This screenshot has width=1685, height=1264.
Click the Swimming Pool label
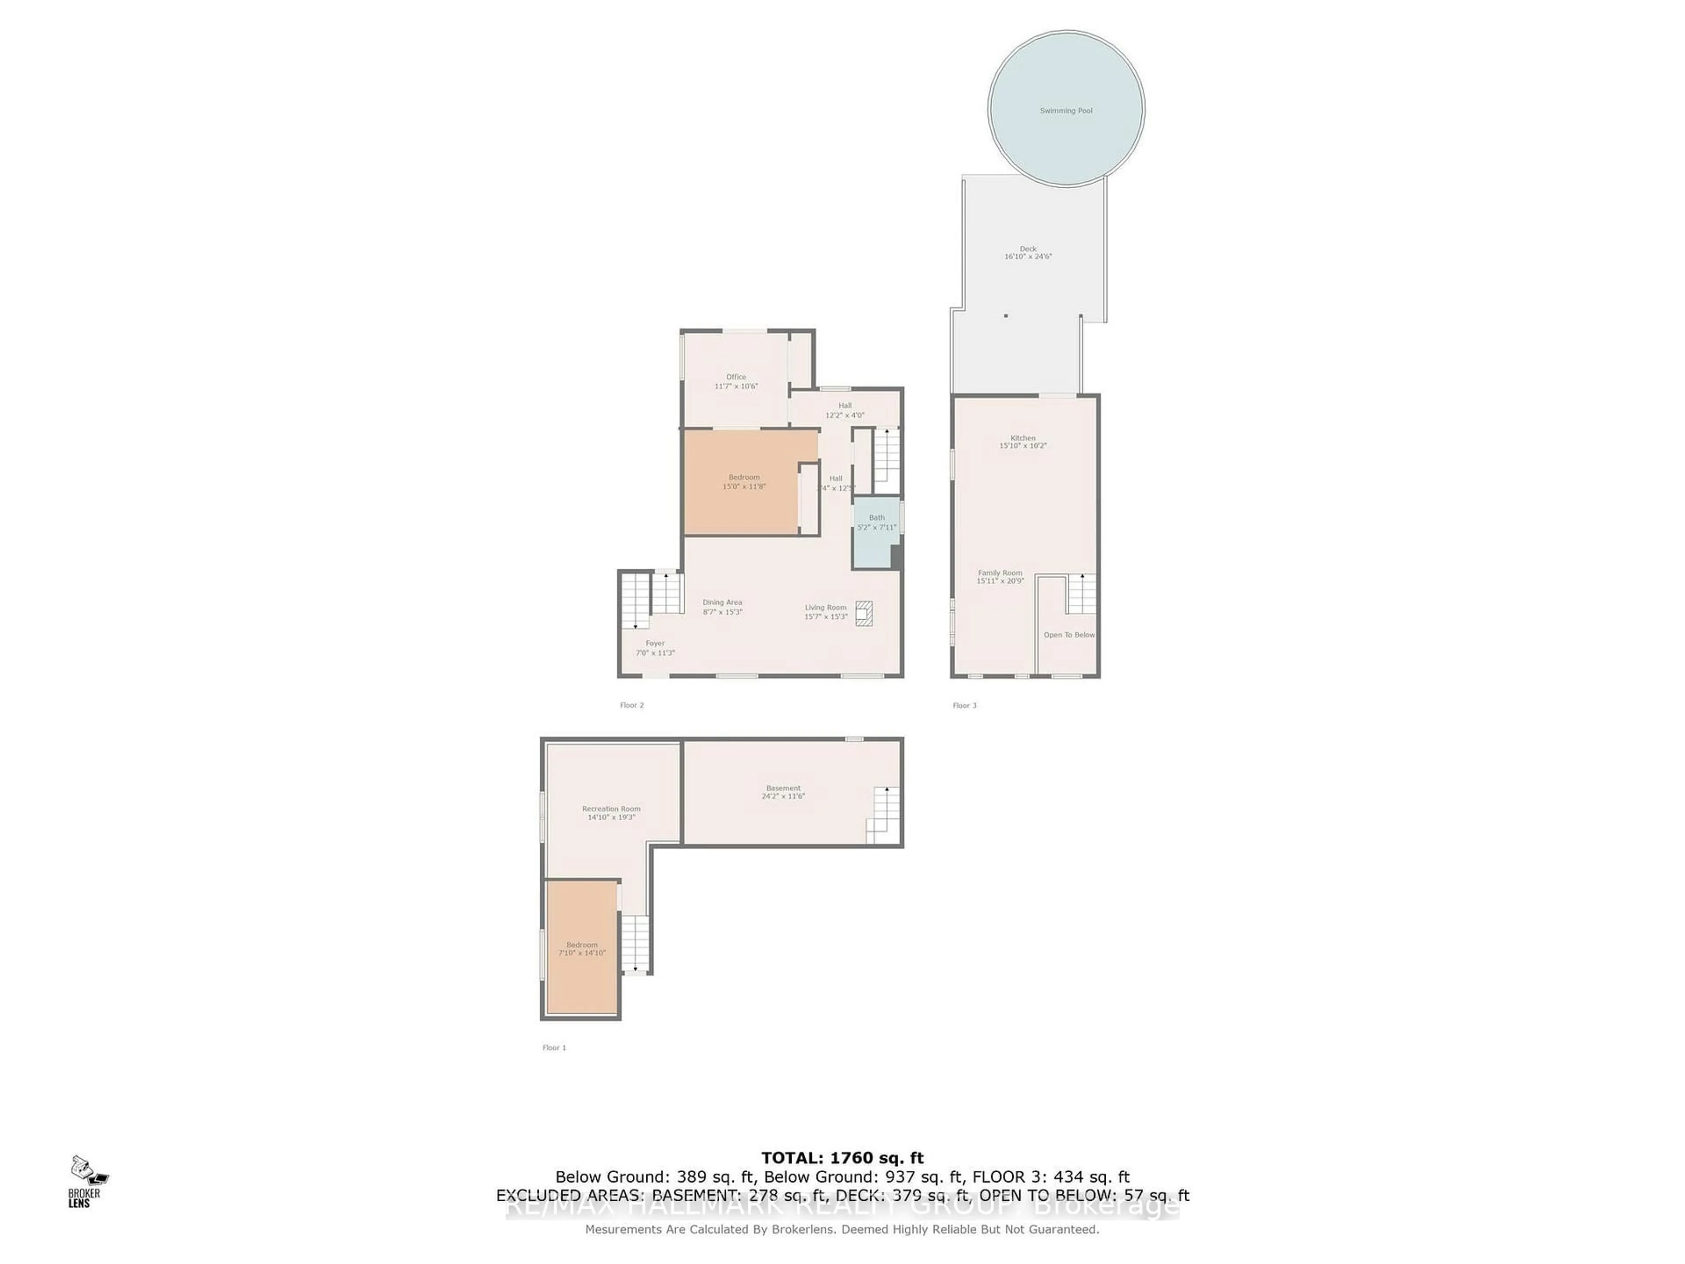coord(1066,111)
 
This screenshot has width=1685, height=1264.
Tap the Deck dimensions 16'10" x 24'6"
coord(1028,257)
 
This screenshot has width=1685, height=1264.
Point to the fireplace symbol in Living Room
coord(863,613)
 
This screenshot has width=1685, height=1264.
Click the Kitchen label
coord(1023,438)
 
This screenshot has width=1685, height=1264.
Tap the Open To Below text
coord(1069,635)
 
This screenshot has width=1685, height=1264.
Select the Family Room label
coord(1000,573)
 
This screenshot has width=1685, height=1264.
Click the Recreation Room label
coord(611,809)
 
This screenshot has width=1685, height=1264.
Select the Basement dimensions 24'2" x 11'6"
coord(783,796)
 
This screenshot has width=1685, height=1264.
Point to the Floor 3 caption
coord(964,706)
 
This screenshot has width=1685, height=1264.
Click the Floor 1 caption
coord(554,1048)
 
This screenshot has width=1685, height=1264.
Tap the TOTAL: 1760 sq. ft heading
coord(842,1159)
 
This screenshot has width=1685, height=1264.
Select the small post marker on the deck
coord(1006,316)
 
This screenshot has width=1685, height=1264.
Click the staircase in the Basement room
coord(883,815)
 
